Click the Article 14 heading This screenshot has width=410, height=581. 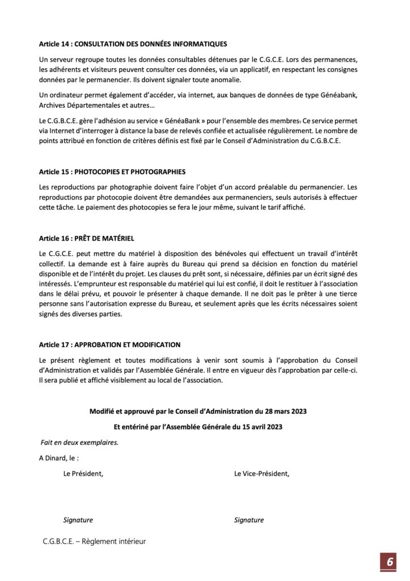(x=133, y=44)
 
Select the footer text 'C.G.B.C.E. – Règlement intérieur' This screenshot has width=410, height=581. (x=94, y=541)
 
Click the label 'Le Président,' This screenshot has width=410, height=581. (x=83, y=474)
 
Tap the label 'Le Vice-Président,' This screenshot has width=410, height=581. (x=261, y=474)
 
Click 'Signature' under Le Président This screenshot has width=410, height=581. (x=78, y=520)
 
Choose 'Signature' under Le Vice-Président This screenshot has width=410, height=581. (x=249, y=520)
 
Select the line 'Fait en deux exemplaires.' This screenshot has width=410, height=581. (x=79, y=443)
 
